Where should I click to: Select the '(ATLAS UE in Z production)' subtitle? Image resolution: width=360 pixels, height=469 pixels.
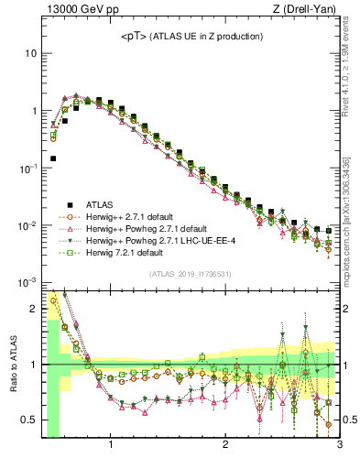tap(209, 36)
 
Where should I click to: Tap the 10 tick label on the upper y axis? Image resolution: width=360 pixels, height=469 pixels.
tap(29, 53)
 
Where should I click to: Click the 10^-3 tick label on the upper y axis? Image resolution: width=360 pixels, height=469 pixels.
tap(27, 283)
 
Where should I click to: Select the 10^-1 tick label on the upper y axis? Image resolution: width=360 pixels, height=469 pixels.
tap(27, 169)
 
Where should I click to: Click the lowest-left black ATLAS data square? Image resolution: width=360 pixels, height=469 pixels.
tap(53, 158)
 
